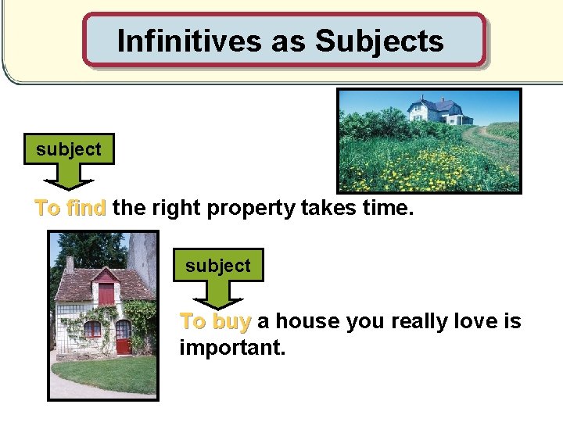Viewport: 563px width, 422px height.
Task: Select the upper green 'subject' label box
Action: [x=69, y=149]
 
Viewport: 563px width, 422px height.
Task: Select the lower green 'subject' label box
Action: [x=218, y=266]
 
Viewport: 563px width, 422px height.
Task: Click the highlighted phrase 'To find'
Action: [x=70, y=208]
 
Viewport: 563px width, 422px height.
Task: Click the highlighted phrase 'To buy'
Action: [x=215, y=321]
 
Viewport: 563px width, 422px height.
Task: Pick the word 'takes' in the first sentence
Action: [x=337, y=208]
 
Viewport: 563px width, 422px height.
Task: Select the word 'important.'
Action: [x=232, y=346]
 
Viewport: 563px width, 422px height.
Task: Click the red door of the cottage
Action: [x=123, y=337]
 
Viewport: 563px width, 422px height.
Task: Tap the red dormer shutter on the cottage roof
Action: [x=106, y=294]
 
